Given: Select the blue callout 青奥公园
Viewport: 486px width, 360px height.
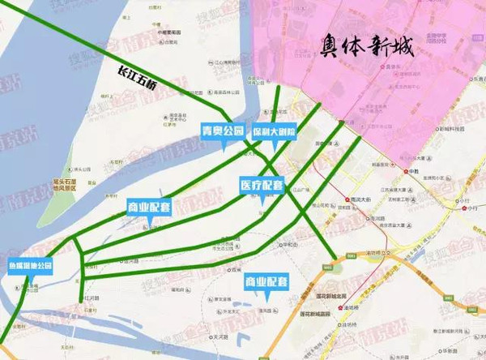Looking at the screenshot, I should point(222,131).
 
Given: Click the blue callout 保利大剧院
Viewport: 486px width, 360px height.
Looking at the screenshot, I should point(273,131).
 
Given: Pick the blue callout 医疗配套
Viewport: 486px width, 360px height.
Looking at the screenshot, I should point(262,185).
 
